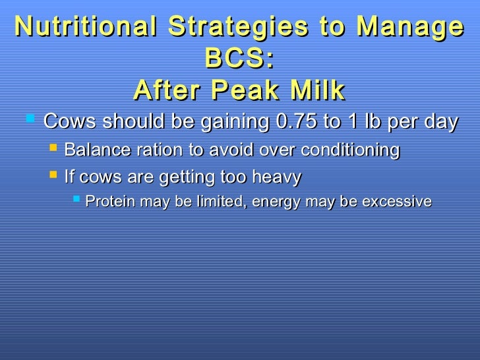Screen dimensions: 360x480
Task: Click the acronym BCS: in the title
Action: [x=239, y=59]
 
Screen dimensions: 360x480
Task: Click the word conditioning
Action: [x=350, y=151]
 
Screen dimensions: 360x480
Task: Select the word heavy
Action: [x=277, y=178]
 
